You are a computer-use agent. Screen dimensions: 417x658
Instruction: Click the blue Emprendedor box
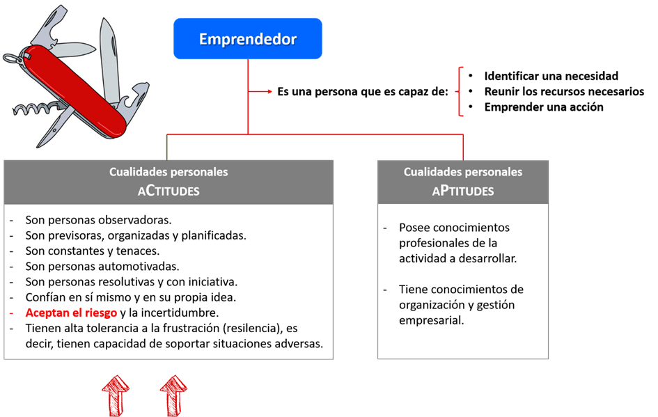click(248, 39)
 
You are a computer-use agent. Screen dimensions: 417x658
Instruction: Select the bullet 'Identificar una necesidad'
click(551, 76)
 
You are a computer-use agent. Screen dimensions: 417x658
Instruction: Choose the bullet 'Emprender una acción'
click(544, 107)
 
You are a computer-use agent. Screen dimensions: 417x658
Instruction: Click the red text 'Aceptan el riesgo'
click(71, 313)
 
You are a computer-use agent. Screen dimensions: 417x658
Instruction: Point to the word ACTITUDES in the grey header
click(169, 190)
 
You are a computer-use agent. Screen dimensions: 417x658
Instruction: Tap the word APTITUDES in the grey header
click(463, 190)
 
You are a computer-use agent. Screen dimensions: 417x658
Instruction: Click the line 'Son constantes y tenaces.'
click(93, 251)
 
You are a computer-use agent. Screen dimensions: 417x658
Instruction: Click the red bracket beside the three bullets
click(460, 91)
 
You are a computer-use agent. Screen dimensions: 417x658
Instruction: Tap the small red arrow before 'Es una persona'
click(263, 91)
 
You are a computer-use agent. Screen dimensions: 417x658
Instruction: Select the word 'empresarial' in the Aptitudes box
click(431, 320)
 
